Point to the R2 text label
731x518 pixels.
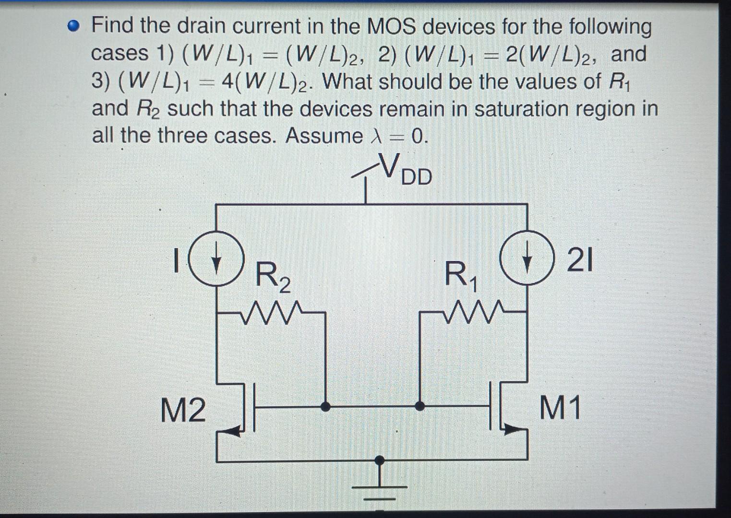[x=272, y=277]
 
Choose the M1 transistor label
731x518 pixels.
[x=560, y=408]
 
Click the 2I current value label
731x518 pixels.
[x=580, y=261]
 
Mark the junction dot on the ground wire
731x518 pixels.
[x=380, y=460]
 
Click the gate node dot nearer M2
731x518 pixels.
[x=325, y=407]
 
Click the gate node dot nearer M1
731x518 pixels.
[x=420, y=407]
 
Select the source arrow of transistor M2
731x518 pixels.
[x=233, y=432]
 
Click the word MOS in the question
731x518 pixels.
[x=392, y=26]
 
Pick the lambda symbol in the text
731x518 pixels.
[x=376, y=136]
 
